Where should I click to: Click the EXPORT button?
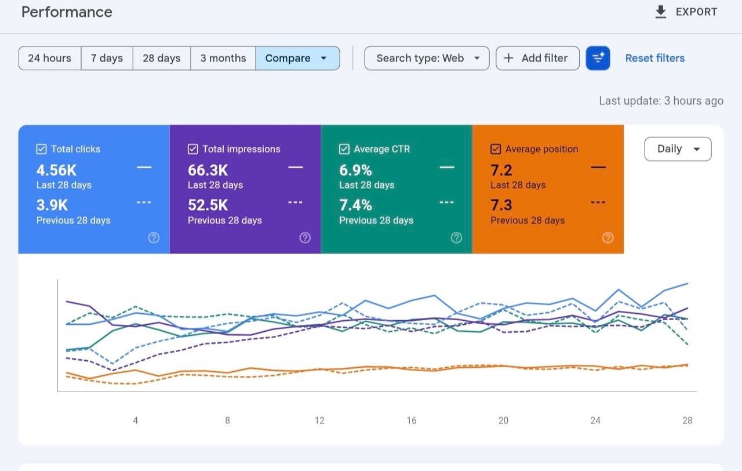tap(686, 12)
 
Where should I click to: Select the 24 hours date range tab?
tap(50, 59)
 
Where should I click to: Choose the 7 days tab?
tap(107, 59)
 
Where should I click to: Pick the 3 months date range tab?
tap(223, 59)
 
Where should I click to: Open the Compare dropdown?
tap(297, 59)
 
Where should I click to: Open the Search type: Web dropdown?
tap(427, 59)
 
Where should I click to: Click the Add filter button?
tap(537, 59)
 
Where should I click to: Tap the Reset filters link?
tap(655, 59)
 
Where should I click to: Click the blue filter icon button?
tap(598, 59)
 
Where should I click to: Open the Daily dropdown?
tap(678, 149)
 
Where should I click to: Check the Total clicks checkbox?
tap(41, 149)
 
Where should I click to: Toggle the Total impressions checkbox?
tap(193, 149)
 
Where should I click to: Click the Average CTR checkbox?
tap(344, 149)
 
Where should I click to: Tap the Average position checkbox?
tap(496, 149)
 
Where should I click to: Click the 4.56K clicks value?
tap(56, 171)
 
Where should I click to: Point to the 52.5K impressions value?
tap(208, 205)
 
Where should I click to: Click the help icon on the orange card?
tap(608, 238)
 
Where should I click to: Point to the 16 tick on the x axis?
tap(412, 421)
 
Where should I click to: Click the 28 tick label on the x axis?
tap(688, 421)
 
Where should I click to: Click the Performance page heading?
tap(67, 12)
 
